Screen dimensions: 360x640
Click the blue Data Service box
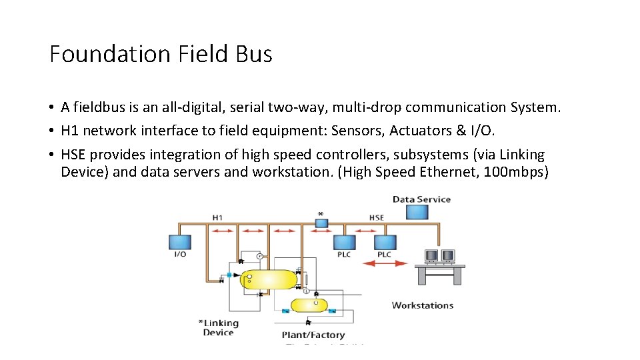418,212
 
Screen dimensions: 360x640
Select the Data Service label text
421,199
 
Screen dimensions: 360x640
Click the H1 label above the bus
217,217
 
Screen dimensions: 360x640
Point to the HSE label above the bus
377,217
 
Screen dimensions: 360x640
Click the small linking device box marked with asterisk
321,223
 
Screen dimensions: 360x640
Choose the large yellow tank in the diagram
268,279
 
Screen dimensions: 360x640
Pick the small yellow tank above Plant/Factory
309,305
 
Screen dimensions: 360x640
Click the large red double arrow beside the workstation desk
385,263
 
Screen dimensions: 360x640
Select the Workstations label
422,305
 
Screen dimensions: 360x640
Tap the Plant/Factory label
313,335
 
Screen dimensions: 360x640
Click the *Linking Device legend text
218,327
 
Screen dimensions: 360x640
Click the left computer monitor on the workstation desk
431,256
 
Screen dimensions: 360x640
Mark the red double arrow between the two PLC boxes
365,230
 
